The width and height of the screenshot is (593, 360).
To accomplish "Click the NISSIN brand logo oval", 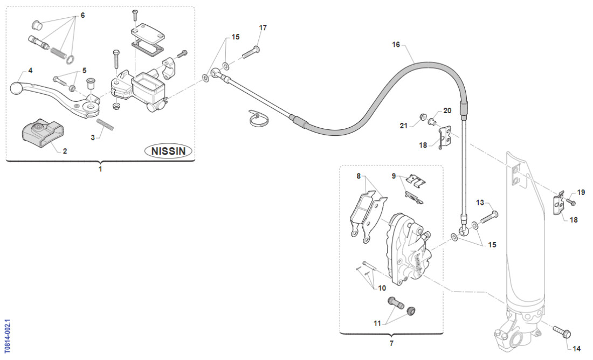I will pos(168,151).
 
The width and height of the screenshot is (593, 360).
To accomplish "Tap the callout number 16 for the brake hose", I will pos(396,45).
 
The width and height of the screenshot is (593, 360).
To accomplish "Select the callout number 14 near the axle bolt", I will pos(577,349).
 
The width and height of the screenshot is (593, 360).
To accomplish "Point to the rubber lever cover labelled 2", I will pos(42,132).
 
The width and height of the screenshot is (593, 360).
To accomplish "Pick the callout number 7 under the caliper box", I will pos(391,343).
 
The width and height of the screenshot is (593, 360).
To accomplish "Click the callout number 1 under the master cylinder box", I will pos(100,169).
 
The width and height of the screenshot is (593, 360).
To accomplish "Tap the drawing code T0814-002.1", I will pos(6,335).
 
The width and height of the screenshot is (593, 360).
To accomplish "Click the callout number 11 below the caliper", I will pos(377,323).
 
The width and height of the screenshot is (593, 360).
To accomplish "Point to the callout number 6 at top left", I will pos(82,16).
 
